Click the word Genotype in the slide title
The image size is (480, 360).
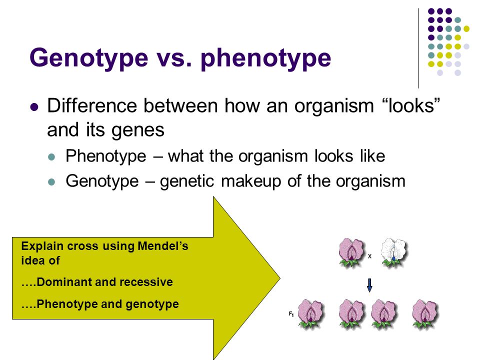89,58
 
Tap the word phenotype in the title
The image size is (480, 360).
265,58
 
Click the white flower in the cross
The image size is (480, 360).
393,252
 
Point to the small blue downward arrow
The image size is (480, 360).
369,285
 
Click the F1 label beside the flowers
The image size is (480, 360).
291,314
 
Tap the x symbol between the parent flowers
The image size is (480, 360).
369,256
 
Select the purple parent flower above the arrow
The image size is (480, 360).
351,252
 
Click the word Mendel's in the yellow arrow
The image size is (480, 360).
163,246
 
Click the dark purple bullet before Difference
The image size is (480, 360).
34,107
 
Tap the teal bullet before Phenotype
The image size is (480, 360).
51,157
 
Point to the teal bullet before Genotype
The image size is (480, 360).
51,182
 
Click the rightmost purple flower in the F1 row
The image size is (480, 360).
425,314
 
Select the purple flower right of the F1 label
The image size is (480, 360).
310,314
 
